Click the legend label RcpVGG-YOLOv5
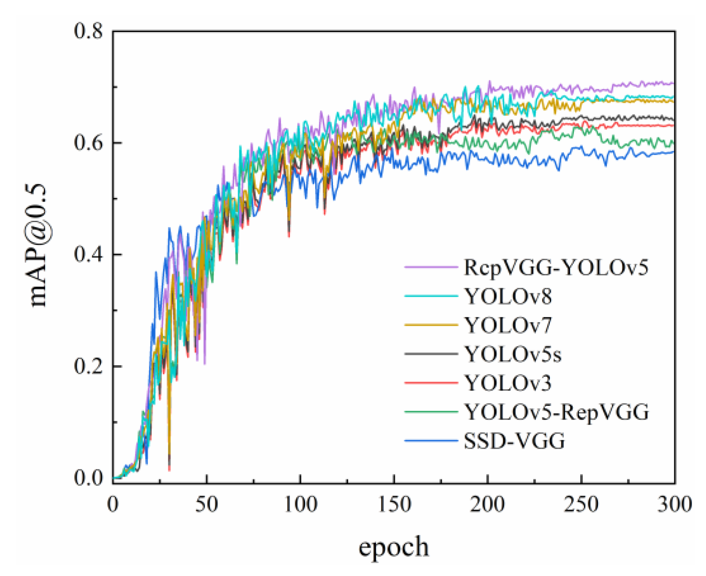(x=555, y=267)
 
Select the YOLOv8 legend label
(x=508, y=296)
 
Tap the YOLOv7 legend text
(x=508, y=325)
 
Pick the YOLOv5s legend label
(x=513, y=354)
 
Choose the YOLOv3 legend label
(x=508, y=383)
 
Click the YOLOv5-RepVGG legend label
(x=556, y=412)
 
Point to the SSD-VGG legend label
(x=514, y=441)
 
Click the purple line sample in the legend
(x=431, y=267)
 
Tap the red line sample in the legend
(x=431, y=383)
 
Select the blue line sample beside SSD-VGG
(x=431, y=441)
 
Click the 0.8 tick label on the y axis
(x=88, y=31)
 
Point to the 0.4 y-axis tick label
(x=88, y=255)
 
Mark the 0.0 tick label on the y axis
(x=88, y=478)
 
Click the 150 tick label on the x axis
(x=394, y=504)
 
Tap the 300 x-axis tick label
(x=674, y=504)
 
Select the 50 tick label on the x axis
(x=206, y=504)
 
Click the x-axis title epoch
(x=393, y=547)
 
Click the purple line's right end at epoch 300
(x=674, y=83)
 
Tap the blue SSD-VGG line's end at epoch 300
(x=674, y=152)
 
